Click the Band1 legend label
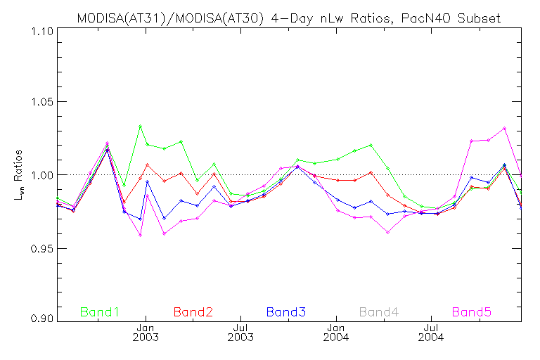pyautogui.click(x=100, y=311)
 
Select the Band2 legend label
pyautogui.click(x=193, y=311)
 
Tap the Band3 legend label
pyautogui.click(x=285, y=311)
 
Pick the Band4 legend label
pyautogui.click(x=379, y=311)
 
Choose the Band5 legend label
pyautogui.click(x=472, y=311)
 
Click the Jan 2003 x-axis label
pyautogui.click(x=146, y=332)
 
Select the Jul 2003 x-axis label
pyautogui.click(x=241, y=332)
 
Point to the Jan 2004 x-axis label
pyautogui.click(x=337, y=332)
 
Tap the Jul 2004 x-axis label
pyautogui.click(x=431, y=332)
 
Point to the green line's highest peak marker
pyautogui.click(x=141, y=126)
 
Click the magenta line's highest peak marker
pyautogui.click(x=504, y=128)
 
